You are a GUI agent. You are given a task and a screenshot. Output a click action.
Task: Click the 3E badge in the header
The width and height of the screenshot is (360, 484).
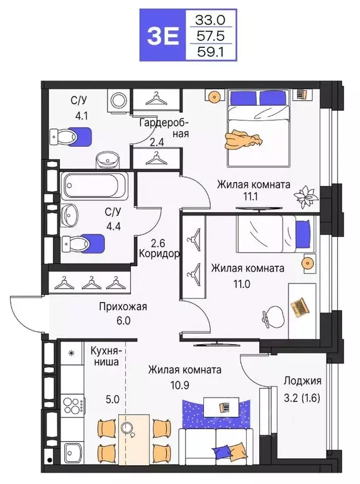163,36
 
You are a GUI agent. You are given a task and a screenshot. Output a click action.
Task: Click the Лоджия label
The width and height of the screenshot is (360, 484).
303,381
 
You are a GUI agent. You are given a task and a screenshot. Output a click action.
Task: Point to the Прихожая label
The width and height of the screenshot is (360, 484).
122,307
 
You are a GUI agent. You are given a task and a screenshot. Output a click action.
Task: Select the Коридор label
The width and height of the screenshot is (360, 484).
159,255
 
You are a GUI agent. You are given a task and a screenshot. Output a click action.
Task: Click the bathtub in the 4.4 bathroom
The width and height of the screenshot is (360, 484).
94,187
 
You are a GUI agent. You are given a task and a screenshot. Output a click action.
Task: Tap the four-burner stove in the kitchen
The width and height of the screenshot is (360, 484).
72,404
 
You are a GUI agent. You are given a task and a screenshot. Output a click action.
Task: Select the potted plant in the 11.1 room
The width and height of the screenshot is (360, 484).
307,196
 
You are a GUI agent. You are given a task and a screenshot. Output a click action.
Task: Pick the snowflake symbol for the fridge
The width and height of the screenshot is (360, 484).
71,354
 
